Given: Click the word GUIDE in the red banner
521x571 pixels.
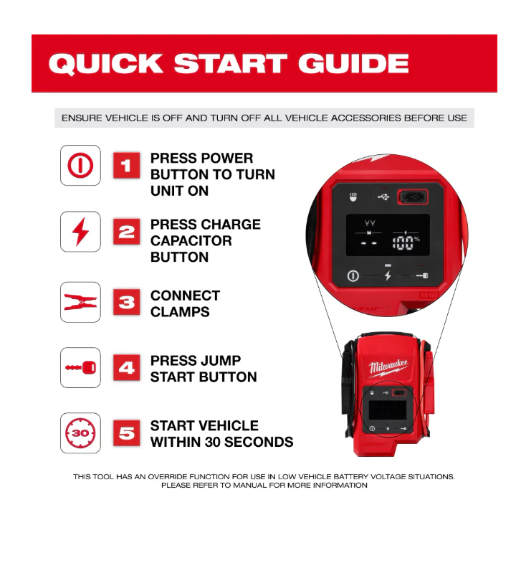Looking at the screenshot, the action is tap(353, 63).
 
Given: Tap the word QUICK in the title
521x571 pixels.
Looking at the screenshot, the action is tap(106, 64).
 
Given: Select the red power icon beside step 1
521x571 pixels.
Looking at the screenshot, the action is tap(80, 165).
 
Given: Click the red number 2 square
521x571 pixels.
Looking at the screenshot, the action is tap(126, 232).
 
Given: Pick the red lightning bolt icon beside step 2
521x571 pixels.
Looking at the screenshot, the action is tap(80, 232).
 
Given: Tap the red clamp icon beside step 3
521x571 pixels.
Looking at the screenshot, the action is tap(80, 302).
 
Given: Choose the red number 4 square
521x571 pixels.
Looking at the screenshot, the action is tap(126, 368).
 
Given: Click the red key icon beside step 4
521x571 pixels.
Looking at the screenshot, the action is tap(80, 367).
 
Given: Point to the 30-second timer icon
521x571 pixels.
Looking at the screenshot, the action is tap(80, 433).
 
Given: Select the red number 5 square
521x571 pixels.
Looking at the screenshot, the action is tap(126, 433).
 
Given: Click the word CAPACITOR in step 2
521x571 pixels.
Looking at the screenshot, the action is tap(191, 241).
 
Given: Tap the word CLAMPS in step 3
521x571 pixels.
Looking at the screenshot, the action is tap(180, 312).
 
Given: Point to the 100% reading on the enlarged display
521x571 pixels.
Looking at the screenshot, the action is tap(406, 242).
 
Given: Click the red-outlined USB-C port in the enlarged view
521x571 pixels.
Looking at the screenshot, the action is tap(412, 197).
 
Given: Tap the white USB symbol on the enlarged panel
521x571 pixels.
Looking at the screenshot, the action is tap(383, 197).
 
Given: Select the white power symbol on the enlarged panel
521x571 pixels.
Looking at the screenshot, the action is tap(353, 276).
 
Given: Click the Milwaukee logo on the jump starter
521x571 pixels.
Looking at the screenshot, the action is tap(388, 367).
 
